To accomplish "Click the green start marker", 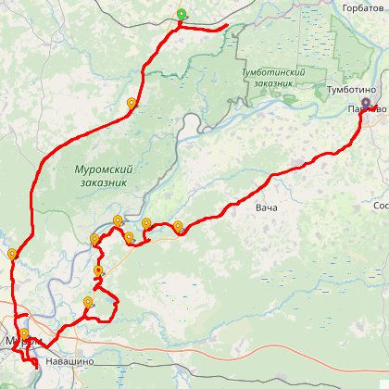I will (182, 15).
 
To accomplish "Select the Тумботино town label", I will (349, 90).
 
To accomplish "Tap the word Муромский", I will (103, 170).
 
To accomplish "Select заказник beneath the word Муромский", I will (102, 182).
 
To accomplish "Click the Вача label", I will (267, 207).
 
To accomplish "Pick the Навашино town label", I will (69, 360).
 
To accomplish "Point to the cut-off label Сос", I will (380, 205).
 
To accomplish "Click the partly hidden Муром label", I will (13, 341).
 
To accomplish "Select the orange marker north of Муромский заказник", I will (132, 104).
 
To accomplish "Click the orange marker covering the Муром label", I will (23, 334).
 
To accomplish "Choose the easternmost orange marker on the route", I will (178, 226).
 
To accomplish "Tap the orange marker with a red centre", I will (99, 270).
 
